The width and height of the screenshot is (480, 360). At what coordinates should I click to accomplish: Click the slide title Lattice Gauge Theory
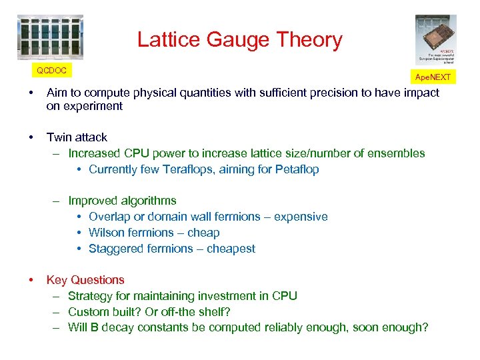tap(239, 40)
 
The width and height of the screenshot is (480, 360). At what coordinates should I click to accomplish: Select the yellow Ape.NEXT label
tap(433, 77)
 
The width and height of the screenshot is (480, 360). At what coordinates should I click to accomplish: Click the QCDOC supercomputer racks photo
tap(50, 37)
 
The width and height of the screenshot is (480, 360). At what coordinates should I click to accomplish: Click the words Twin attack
tap(77, 137)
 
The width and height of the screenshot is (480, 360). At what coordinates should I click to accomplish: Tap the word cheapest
tap(231, 249)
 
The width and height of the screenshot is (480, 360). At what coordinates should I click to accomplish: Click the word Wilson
tap(107, 233)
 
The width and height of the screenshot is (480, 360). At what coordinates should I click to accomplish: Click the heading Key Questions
tap(85, 280)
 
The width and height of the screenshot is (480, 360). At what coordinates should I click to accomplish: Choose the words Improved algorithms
tap(122, 201)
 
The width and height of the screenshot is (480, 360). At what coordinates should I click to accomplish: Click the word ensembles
tap(397, 153)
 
